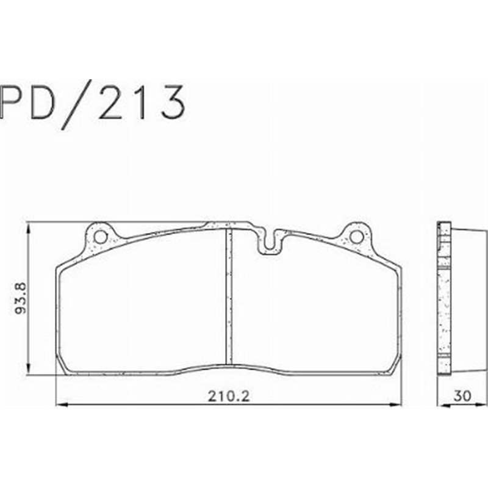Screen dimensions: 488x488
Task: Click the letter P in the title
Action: [13, 102]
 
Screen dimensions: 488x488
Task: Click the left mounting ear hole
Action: [100, 235]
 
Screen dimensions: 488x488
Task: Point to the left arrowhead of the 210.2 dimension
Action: [59, 404]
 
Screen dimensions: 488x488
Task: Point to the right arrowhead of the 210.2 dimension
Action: [400, 404]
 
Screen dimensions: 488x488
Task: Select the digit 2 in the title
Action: [116, 102]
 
